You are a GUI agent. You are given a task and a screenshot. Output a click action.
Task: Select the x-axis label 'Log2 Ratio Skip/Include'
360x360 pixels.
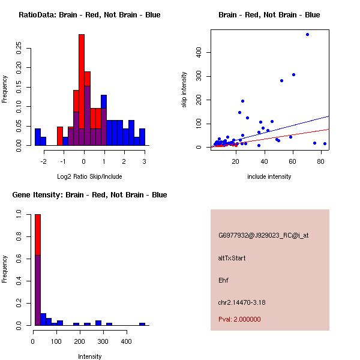pos(89,176)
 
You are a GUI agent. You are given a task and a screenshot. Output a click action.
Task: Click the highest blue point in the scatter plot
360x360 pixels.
pos(307,34)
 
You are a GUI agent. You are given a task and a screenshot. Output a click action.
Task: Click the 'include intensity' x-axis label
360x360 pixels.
pos(269,176)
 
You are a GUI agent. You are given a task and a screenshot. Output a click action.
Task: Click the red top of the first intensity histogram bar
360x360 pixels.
pos(38,234)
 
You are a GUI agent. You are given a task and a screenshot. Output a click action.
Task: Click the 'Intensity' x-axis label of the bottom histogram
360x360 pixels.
pos(90,356)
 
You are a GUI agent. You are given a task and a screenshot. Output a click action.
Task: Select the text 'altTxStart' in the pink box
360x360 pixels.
pos(232,258)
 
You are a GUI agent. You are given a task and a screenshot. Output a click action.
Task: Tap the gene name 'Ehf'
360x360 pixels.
pos(224,280)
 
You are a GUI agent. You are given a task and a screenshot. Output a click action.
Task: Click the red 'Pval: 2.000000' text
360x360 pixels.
pos(239,319)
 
